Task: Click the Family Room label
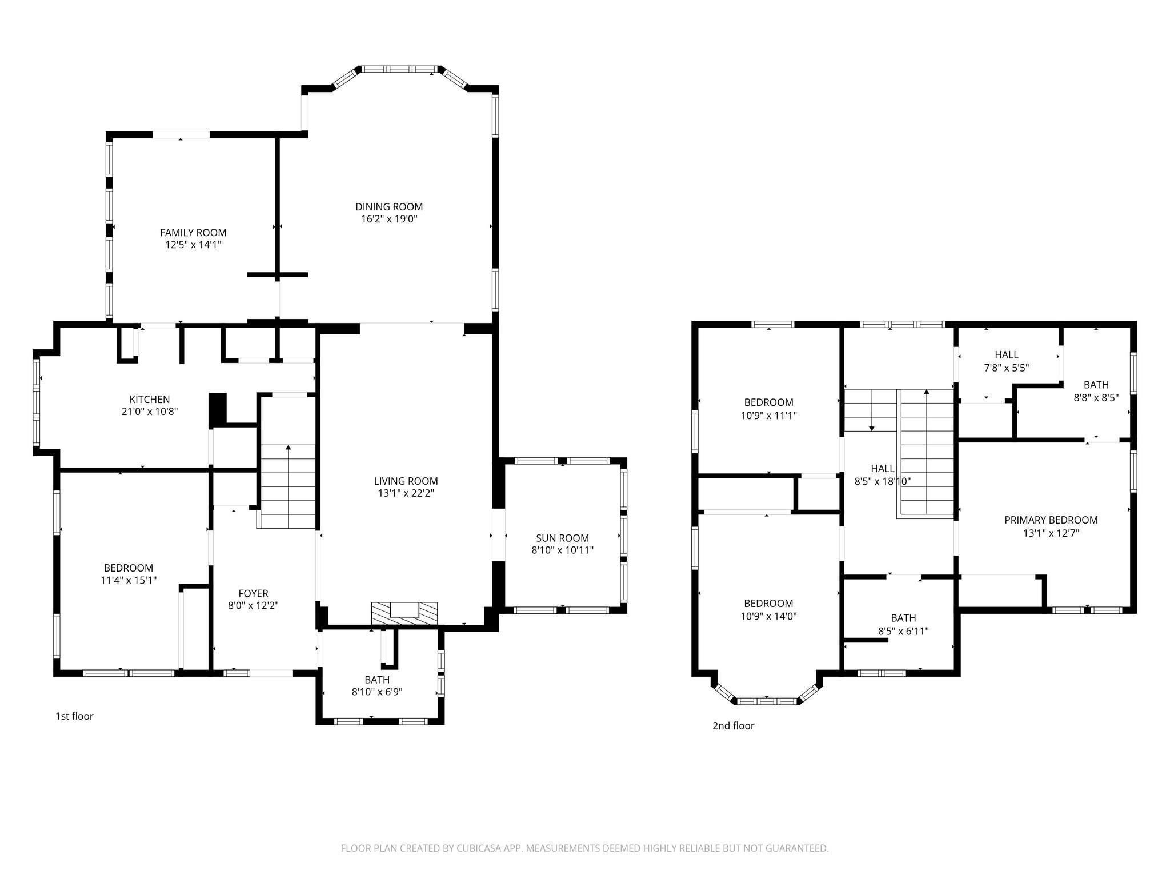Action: click(x=193, y=233)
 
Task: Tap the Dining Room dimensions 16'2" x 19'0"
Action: click(x=389, y=219)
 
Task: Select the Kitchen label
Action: click(x=150, y=400)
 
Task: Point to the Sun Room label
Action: click(x=562, y=538)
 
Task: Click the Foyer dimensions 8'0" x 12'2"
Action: click(x=253, y=606)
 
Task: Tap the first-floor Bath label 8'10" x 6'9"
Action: click(x=377, y=680)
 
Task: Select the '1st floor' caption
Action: click(x=74, y=716)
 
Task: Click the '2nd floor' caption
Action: click(x=733, y=726)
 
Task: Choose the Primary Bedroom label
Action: click(x=1051, y=520)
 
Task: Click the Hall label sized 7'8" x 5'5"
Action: click(x=1006, y=355)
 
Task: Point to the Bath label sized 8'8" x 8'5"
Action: click(x=1096, y=385)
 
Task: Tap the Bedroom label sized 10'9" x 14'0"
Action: click(x=768, y=604)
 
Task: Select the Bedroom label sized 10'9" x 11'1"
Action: click(x=768, y=402)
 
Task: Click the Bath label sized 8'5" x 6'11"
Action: click(x=903, y=618)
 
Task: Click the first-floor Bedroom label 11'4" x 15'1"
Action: click(x=129, y=568)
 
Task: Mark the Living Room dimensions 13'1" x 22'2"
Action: click(x=406, y=494)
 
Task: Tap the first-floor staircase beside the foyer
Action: click(x=289, y=486)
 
